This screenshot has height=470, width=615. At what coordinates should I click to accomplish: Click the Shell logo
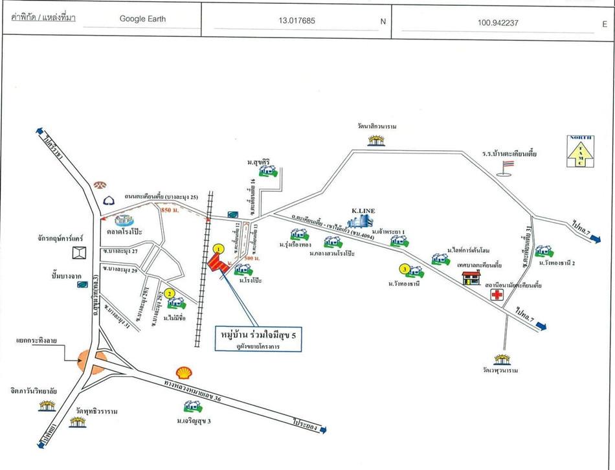(x=185, y=372)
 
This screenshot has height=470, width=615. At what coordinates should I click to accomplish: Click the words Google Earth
(x=142, y=19)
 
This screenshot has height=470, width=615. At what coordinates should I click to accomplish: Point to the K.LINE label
(x=363, y=211)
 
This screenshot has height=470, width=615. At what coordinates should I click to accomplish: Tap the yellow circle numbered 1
(x=219, y=248)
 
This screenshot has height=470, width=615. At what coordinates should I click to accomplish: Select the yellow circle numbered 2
(x=170, y=293)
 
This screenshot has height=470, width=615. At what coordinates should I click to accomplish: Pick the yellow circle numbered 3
(x=404, y=269)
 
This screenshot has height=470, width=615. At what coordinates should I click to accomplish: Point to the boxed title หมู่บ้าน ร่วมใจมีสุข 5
(x=258, y=335)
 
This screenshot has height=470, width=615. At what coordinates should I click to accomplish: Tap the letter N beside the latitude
(x=383, y=21)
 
